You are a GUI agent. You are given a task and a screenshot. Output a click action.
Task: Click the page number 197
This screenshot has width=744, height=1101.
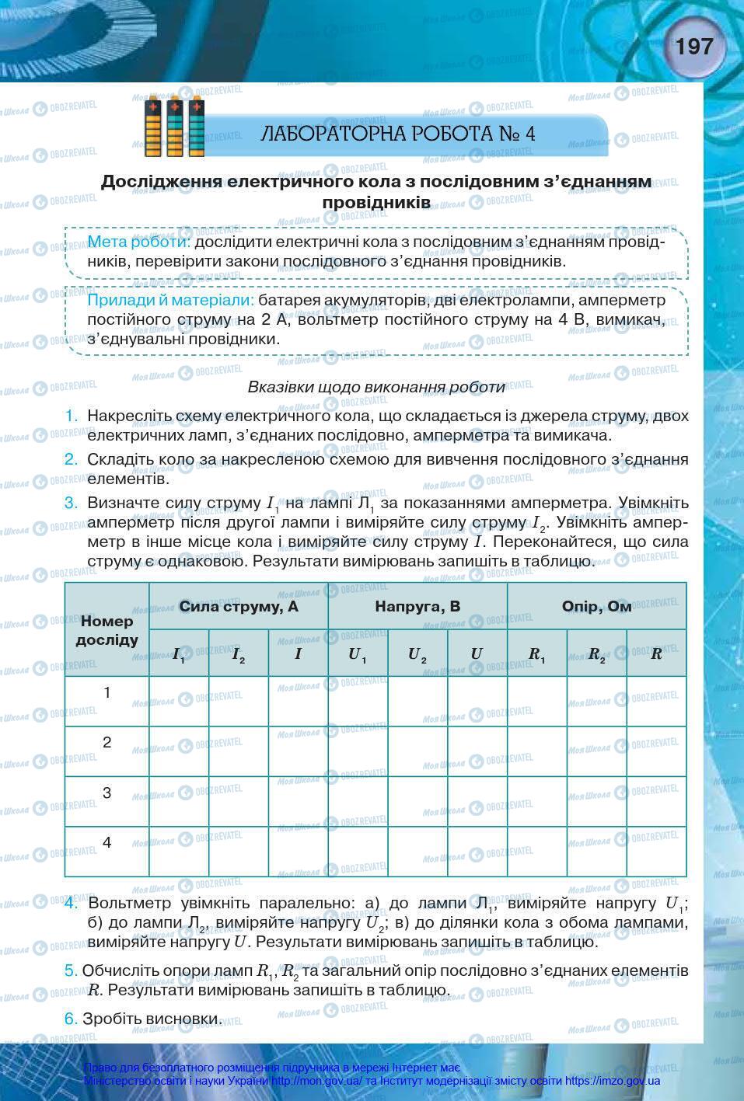coord(693,47)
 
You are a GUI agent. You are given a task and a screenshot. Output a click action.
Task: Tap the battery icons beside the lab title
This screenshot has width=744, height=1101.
coord(176,126)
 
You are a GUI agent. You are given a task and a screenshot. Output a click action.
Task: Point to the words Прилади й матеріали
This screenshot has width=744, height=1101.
coord(170,300)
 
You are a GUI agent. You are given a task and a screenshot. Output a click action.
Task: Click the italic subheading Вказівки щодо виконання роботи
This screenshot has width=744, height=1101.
coord(376,386)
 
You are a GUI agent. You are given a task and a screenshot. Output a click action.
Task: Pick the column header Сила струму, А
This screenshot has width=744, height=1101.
coord(238,606)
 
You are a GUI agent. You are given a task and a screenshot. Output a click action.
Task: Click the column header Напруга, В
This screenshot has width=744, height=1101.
coord(417,606)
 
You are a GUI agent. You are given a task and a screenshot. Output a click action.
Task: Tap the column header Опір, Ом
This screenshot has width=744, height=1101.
coord(596,606)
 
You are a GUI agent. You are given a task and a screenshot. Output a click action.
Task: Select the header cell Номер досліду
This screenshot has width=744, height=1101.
coord(107,630)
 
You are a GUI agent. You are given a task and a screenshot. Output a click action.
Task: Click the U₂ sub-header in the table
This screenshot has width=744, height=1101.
coord(417,653)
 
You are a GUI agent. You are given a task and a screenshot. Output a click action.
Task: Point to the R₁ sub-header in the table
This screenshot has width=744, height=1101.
coord(536,653)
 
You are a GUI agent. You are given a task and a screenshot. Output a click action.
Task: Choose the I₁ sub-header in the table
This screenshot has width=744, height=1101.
coord(179,653)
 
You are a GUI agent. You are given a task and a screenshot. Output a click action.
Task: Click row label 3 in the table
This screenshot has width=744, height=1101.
coord(107,793)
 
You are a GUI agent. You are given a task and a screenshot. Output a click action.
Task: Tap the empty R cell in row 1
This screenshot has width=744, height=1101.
coord(656,701)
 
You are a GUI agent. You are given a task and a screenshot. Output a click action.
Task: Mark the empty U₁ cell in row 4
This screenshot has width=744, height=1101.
coord(358,852)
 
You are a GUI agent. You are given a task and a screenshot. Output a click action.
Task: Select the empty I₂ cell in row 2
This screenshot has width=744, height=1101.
coord(239,751)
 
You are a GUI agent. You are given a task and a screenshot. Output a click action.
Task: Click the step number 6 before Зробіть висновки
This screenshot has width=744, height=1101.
coord(71,1018)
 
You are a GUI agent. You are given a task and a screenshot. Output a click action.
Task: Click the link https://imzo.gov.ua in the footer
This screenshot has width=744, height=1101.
coord(613,1081)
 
